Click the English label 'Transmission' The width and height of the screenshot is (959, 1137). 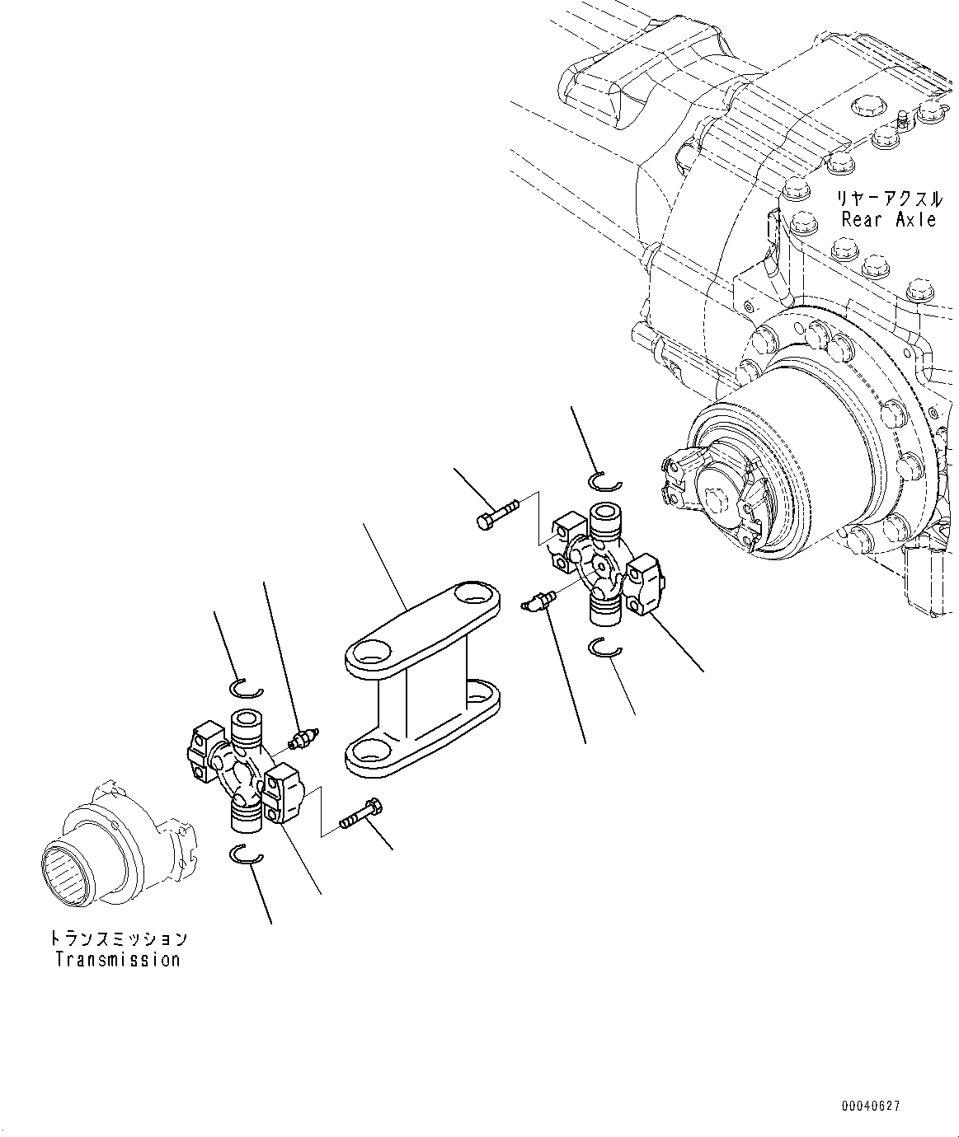coord(117,959)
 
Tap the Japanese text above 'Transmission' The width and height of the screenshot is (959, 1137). coord(117,938)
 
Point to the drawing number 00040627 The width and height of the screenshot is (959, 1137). coord(871,1107)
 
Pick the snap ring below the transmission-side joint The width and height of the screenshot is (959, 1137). coord(246,855)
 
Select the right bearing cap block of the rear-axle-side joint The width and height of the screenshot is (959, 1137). coord(646,584)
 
